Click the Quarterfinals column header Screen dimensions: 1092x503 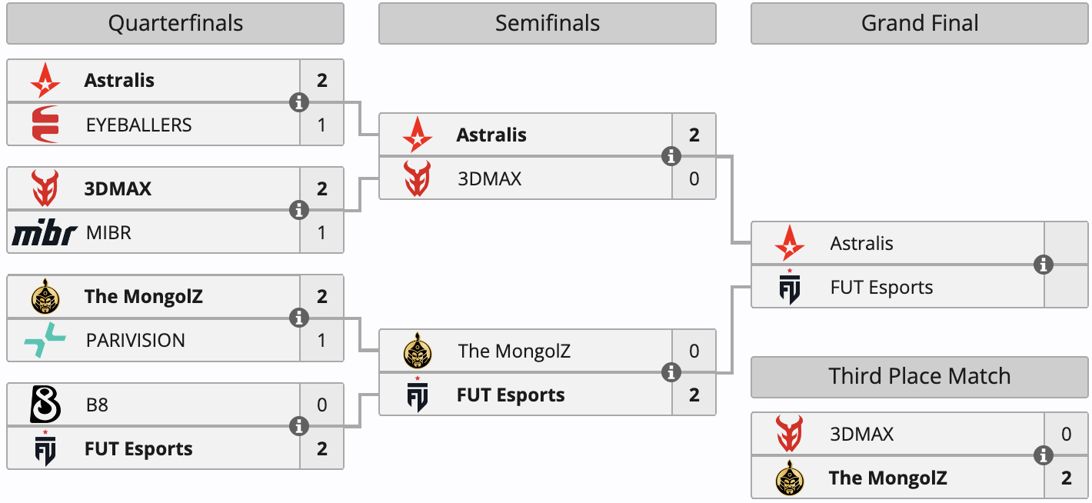(x=175, y=23)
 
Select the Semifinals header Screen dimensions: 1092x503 (x=548, y=23)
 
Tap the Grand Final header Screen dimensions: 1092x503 (x=920, y=23)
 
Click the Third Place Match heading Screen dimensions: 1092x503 (x=920, y=376)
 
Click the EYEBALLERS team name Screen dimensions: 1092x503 (x=139, y=125)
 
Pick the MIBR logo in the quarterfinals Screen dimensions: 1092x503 (x=45, y=232)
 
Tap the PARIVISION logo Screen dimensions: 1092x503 (x=45, y=340)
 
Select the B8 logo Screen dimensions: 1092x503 (x=45, y=404)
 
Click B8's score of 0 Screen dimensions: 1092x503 (x=321, y=405)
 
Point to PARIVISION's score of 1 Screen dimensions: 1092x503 (x=321, y=340)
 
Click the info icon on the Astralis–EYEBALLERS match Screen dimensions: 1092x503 (x=299, y=102)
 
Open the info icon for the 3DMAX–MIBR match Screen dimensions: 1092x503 (x=299, y=210)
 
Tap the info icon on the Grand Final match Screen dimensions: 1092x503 (x=1044, y=265)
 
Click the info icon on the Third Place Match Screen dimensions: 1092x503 (x=1044, y=455)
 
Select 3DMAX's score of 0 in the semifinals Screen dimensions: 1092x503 (x=694, y=179)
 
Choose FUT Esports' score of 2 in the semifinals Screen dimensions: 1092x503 (x=694, y=395)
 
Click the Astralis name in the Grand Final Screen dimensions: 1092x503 (x=861, y=243)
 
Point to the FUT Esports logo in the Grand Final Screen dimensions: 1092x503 (x=790, y=287)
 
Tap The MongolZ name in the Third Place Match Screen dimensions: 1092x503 (x=887, y=478)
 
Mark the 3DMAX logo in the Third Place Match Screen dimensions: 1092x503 (x=790, y=433)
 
